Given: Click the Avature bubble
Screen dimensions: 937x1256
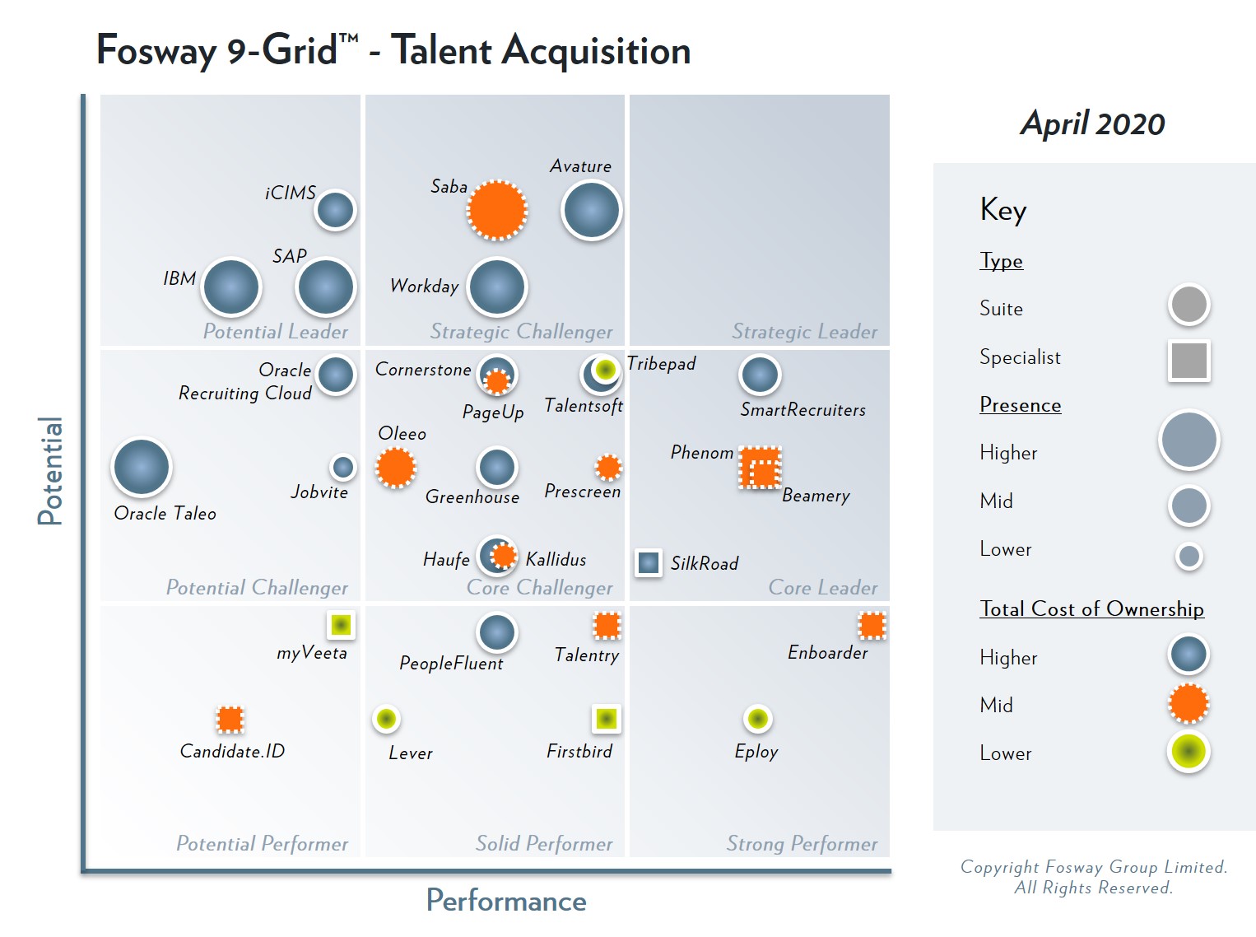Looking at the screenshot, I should pos(591,211).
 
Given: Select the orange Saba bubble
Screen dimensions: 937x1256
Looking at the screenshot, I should pos(497,210).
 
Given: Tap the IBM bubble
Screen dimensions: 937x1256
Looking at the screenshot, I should pos(231,287).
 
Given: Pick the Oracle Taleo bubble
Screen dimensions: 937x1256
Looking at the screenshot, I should pos(142,467).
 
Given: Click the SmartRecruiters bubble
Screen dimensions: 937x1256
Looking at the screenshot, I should pos(760,375).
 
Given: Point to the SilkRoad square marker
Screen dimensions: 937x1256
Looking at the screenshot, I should pos(649,562).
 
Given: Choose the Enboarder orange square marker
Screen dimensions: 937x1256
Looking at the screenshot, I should pos(872,626).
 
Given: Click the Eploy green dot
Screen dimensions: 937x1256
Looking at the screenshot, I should pos(757,719).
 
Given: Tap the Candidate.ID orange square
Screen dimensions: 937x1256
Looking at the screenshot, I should pos(230,720).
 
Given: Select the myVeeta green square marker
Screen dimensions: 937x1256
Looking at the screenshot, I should pos(341,625).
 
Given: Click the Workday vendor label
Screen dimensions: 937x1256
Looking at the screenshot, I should pos(424,287).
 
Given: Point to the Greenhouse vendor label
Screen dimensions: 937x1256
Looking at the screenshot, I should pos(472,497).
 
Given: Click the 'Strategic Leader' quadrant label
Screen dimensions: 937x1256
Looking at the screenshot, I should pos(804,332).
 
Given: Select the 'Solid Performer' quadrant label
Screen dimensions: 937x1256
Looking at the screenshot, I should pos(544,844).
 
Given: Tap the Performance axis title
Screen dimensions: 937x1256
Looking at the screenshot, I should pos(506,901).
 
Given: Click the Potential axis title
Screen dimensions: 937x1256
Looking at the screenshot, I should pos(50,471).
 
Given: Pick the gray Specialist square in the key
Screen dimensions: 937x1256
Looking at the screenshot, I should pos(1189,361).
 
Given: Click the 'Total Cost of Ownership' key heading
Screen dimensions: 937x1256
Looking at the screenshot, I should pos(1091,609).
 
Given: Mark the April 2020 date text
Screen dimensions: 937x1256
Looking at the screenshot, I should pos(1092,124).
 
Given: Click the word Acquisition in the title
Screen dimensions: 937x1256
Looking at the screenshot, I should pos(596,51).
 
